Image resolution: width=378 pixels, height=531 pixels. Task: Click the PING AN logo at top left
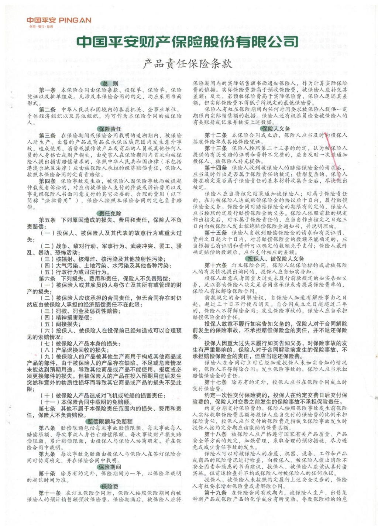click(59, 20)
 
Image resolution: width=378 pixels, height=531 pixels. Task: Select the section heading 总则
click(110, 83)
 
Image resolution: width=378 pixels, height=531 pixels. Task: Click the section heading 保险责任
click(110, 129)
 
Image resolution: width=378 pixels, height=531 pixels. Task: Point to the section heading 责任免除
click(110, 213)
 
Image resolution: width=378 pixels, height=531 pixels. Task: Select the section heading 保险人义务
click(276, 129)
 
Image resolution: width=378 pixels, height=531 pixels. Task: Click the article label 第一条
click(47, 90)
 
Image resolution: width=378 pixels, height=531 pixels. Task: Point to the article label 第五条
click(47, 220)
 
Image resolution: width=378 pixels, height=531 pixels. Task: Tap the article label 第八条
click(47, 428)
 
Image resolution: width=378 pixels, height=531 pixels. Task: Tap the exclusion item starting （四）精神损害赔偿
click(66, 318)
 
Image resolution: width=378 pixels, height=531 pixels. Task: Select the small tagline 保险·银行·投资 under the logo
click(41, 27)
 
